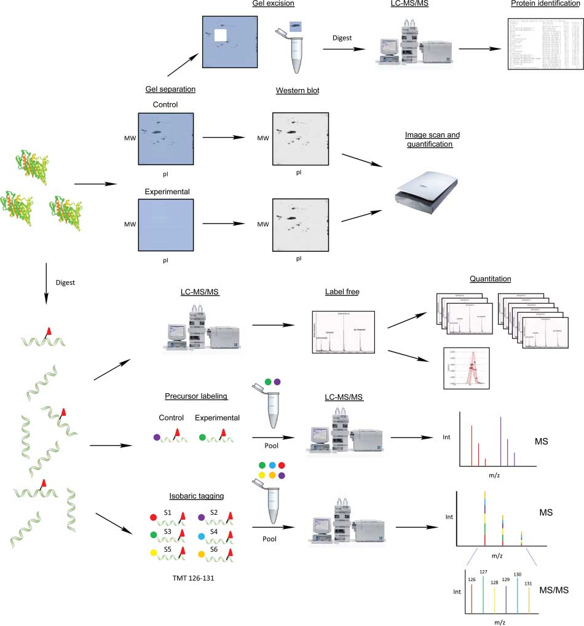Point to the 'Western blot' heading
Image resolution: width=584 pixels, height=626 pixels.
point(298,91)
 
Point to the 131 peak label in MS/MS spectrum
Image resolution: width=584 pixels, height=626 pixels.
point(528,583)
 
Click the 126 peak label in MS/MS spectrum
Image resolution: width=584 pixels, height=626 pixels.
point(472,579)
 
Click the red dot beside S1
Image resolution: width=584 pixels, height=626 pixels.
point(153,512)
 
